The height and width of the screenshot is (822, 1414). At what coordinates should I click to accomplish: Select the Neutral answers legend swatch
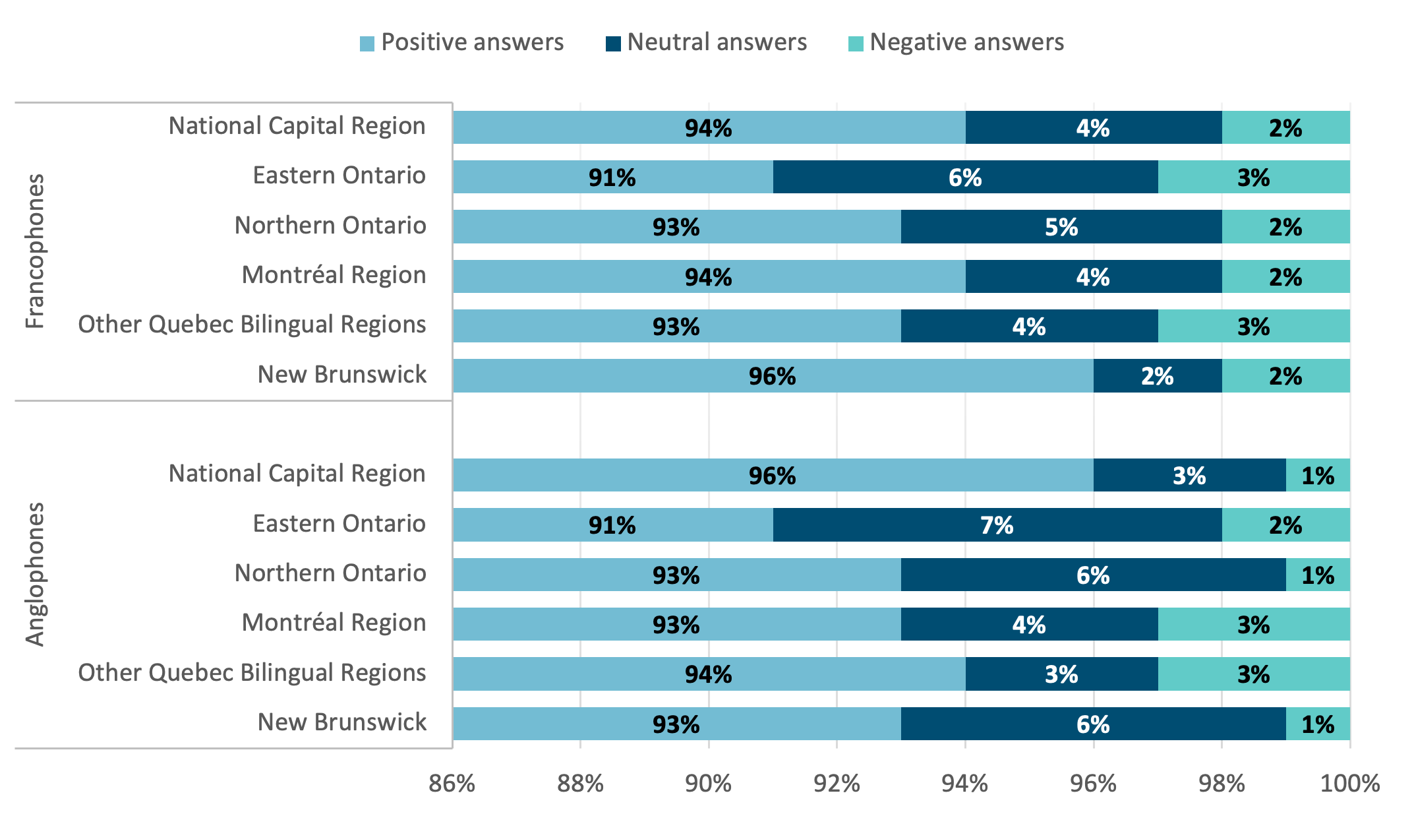tap(613, 44)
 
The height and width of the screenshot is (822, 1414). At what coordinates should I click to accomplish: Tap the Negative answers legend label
tap(966, 42)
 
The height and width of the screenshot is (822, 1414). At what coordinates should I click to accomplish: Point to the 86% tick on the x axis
tap(452, 783)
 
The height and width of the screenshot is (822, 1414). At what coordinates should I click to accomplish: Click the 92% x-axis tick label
tap(837, 783)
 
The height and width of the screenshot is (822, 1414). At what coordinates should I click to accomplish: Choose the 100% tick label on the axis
tap(1349, 783)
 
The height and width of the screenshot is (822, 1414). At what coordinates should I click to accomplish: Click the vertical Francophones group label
tap(34, 251)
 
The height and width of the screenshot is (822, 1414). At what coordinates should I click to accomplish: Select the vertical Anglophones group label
tap(34, 574)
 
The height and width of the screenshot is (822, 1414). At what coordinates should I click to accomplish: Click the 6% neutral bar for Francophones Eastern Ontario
tap(965, 177)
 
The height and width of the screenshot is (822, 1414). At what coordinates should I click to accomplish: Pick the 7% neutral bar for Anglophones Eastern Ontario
tap(997, 525)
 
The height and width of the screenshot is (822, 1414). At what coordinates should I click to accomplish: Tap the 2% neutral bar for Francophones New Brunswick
tap(1158, 376)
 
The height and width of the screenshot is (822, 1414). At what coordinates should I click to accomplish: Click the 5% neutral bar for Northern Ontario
tap(1061, 227)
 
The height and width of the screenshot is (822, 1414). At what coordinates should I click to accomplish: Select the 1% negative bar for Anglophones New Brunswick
tap(1318, 724)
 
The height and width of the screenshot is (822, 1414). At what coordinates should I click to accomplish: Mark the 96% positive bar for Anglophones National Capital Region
tap(773, 475)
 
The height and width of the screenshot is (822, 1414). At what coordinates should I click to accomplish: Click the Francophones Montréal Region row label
tap(334, 275)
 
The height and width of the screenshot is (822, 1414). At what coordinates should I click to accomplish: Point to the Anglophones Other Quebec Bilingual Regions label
tap(252, 673)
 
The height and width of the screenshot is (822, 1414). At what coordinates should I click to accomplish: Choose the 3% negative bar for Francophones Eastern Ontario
tap(1254, 177)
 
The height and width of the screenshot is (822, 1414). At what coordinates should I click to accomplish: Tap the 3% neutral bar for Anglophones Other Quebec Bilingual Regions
tap(1061, 674)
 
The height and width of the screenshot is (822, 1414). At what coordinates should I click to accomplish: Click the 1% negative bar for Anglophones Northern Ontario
tap(1318, 575)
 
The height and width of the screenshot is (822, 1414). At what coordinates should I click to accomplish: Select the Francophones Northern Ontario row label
tap(330, 226)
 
